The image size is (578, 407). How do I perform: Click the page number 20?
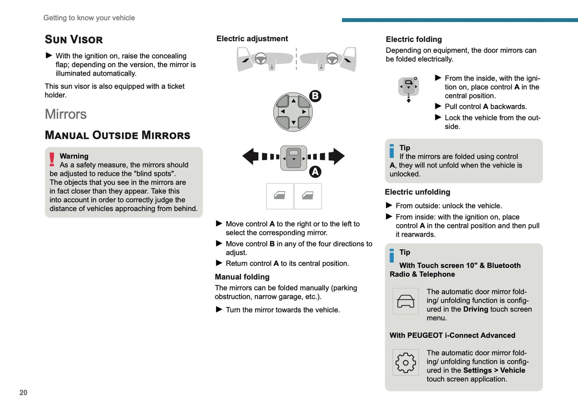pyautogui.click(x=23, y=393)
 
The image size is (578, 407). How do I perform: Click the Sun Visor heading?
pyautogui.click(x=74, y=39)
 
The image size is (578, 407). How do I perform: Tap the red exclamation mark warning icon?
pyautogui.click(x=52, y=159)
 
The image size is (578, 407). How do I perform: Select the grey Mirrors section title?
pyautogui.click(x=66, y=114)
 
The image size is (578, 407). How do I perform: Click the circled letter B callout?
pyautogui.click(x=315, y=96)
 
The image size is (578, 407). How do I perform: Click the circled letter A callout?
pyautogui.click(x=315, y=172)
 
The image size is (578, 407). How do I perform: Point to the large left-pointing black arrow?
pyautogui.click(x=250, y=156)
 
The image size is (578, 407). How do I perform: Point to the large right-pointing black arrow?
pyautogui.click(x=336, y=156)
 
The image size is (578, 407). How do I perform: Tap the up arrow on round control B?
pyautogui.click(x=293, y=101)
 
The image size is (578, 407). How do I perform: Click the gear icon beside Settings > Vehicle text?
pyautogui.click(x=406, y=363)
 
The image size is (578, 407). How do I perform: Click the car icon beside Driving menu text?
pyautogui.click(x=406, y=301)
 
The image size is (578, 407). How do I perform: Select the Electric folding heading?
pyautogui.click(x=414, y=39)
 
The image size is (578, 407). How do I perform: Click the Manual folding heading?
pyautogui.click(x=242, y=277)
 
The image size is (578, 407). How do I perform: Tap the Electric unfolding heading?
pyautogui.click(x=417, y=192)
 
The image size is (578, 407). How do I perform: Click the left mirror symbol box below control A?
pyautogui.click(x=280, y=196)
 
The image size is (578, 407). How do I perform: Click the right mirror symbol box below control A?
pyautogui.click(x=308, y=196)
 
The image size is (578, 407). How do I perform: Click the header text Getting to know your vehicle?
pyautogui.click(x=89, y=18)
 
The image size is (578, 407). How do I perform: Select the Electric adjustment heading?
pyautogui.click(x=252, y=38)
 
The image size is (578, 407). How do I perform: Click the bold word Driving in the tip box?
pyautogui.click(x=475, y=309)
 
